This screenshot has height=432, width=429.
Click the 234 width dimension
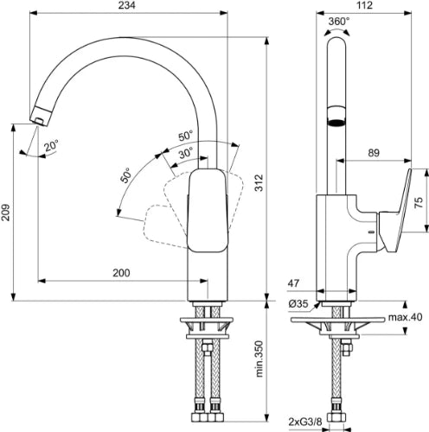click(x=126, y=5)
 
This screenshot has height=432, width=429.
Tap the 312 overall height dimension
click(x=259, y=182)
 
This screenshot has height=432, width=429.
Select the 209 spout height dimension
click(x=5, y=213)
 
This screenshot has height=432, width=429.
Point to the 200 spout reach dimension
click(x=121, y=272)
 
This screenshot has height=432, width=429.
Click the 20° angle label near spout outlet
click(x=51, y=145)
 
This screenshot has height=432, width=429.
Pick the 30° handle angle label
click(x=185, y=153)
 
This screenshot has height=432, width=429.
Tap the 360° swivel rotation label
click(x=339, y=22)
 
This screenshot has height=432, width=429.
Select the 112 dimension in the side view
click(x=364, y=5)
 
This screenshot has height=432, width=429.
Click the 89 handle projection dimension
click(x=374, y=153)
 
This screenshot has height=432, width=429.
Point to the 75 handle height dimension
click(x=419, y=202)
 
